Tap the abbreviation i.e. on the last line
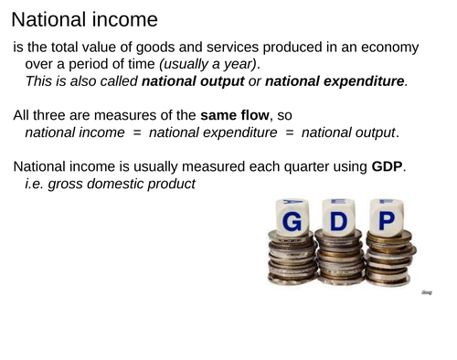pos(36,185)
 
